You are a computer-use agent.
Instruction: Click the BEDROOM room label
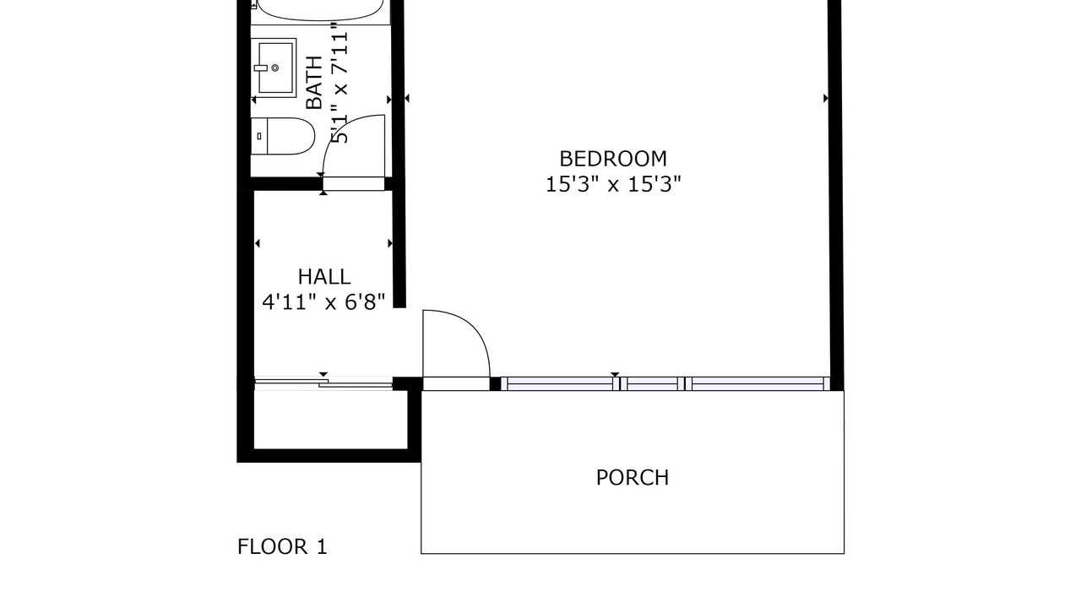(613, 159)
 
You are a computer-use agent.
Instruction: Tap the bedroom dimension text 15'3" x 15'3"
(613, 184)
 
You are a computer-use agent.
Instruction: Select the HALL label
(323, 277)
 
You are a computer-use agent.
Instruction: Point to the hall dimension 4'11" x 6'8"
(323, 302)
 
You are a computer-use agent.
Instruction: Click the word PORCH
(633, 478)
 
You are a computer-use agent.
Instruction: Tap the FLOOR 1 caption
(282, 546)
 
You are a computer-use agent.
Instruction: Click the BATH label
(314, 83)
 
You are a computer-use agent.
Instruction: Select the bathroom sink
(275, 68)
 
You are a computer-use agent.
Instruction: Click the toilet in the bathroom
(282, 136)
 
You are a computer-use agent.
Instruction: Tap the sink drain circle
(275, 68)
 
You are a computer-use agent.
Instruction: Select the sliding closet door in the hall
(323, 383)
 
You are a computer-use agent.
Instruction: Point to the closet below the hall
(330, 420)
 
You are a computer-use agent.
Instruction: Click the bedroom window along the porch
(665, 383)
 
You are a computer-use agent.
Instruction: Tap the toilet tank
(258, 136)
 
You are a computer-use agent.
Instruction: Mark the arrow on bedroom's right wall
(826, 99)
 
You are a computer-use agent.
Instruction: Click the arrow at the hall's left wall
(258, 243)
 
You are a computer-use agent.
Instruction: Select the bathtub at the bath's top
(320, 9)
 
